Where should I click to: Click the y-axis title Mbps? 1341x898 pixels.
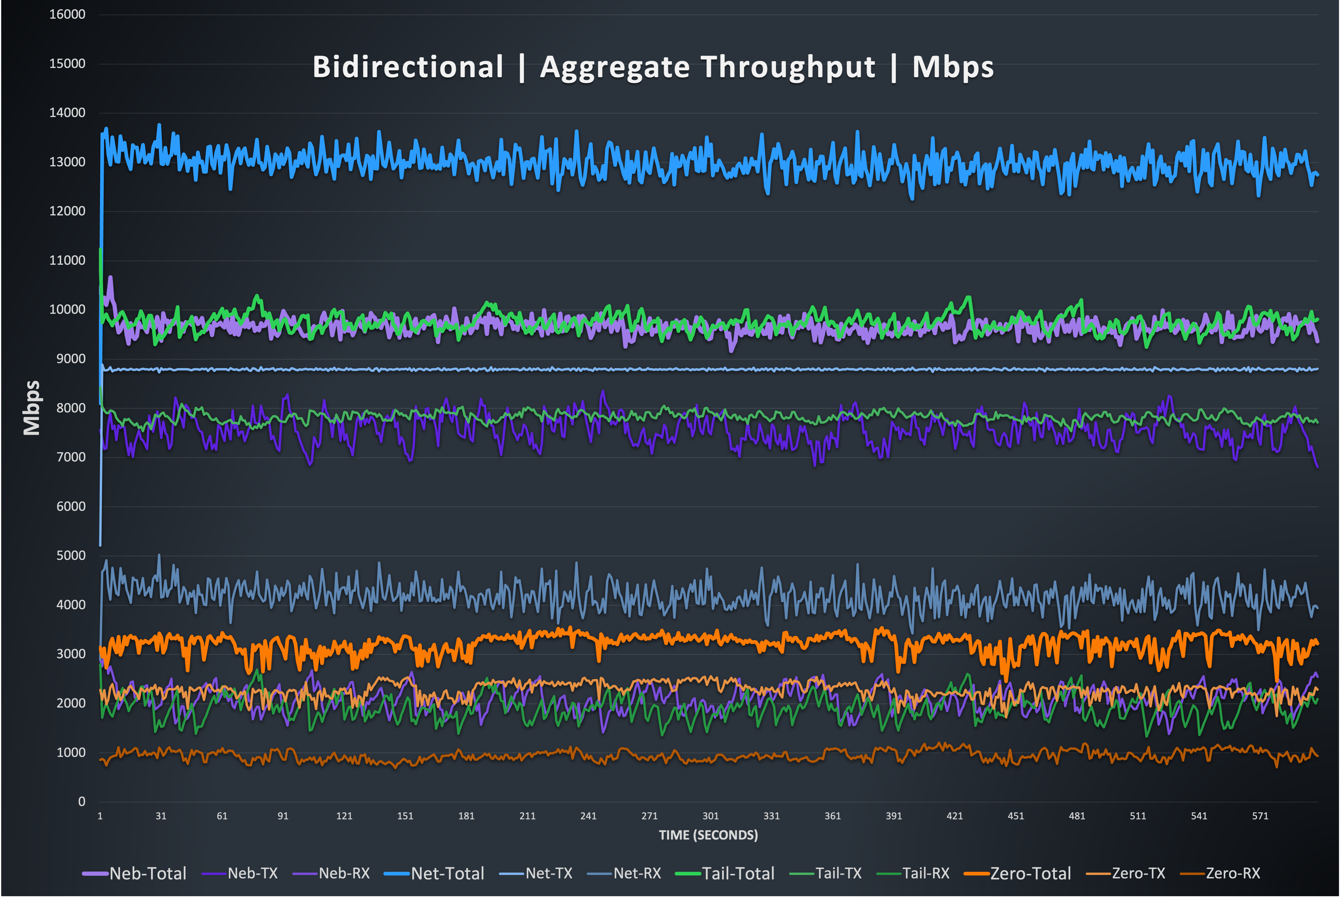(31, 408)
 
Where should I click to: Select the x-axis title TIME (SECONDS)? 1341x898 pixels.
(708, 835)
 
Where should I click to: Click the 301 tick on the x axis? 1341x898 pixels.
(710, 816)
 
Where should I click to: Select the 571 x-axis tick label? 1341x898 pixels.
(1260, 816)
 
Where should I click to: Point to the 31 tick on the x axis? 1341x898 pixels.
(161, 816)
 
